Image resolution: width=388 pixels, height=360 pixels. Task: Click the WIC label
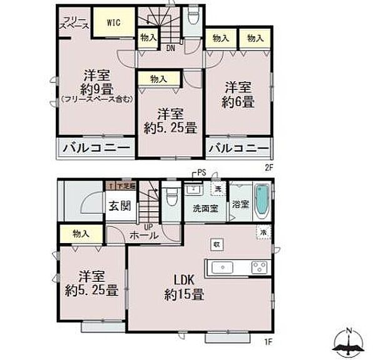(x=113, y=23)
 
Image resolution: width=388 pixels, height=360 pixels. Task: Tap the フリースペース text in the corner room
(x=74, y=24)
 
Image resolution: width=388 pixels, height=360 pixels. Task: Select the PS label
(x=201, y=172)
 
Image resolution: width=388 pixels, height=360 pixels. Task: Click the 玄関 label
(x=120, y=206)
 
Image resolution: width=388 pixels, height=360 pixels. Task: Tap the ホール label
(x=144, y=236)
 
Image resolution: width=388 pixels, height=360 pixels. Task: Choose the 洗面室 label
(x=205, y=208)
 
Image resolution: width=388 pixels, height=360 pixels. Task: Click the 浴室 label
(x=241, y=204)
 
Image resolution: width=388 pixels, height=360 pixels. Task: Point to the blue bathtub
(x=262, y=201)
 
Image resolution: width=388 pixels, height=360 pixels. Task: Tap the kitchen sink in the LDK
(x=222, y=267)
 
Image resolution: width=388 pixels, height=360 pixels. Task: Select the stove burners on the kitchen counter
(x=260, y=267)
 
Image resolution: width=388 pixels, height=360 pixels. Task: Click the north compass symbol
(x=349, y=342)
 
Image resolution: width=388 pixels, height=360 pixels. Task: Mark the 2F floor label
(x=270, y=166)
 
